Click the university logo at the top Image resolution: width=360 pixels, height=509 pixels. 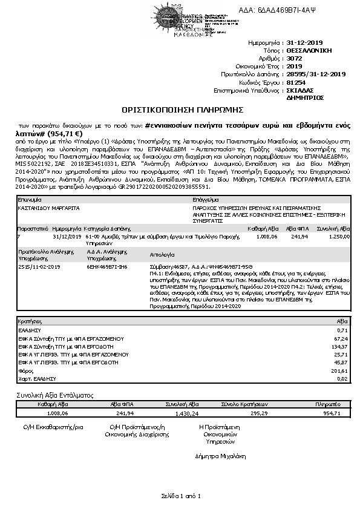pyautogui.click(x=182, y=21)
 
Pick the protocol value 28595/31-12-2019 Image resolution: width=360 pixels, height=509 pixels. pyautogui.click(x=315, y=74)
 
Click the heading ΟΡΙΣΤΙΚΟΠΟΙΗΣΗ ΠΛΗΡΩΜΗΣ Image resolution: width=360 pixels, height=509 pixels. pyautogui.click(x=182, y=110)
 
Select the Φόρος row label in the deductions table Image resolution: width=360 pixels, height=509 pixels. pyautogui.click(x=25, y=370)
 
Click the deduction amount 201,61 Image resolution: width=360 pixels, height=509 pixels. pyautogui.click(x=340, y=370)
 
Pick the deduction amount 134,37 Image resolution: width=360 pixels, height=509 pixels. pyautogui.click(x=340, y=347)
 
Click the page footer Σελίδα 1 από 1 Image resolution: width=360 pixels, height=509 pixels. pyautogui.click(x=180, y=496)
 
